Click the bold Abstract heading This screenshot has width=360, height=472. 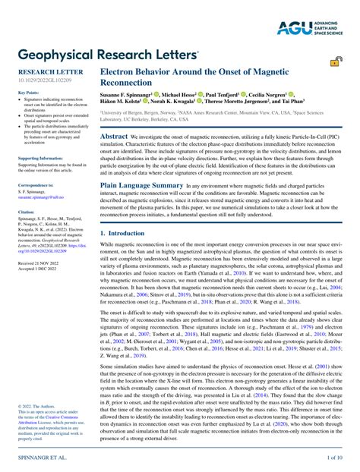click(115, 134)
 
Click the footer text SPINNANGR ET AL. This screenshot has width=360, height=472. click(39, 459)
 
